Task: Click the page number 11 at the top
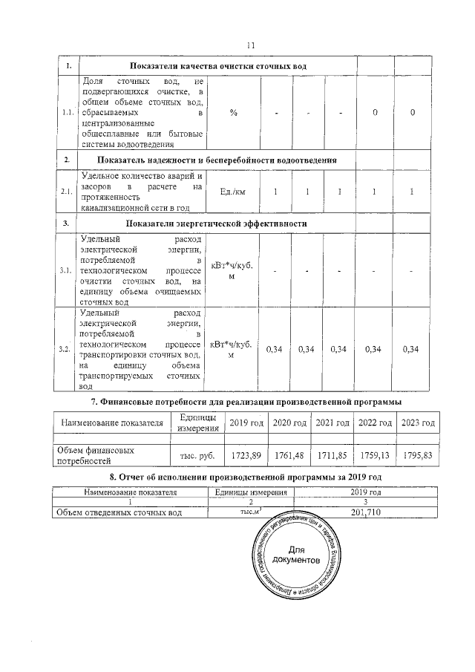[251, 46]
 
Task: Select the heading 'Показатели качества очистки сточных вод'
[217, 67]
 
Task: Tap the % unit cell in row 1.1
[233, 112]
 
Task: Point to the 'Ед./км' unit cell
[233, 192]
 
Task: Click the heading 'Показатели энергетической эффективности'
[217, 224]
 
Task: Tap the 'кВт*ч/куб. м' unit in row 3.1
[233, 271]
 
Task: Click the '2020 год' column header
[289, 423]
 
